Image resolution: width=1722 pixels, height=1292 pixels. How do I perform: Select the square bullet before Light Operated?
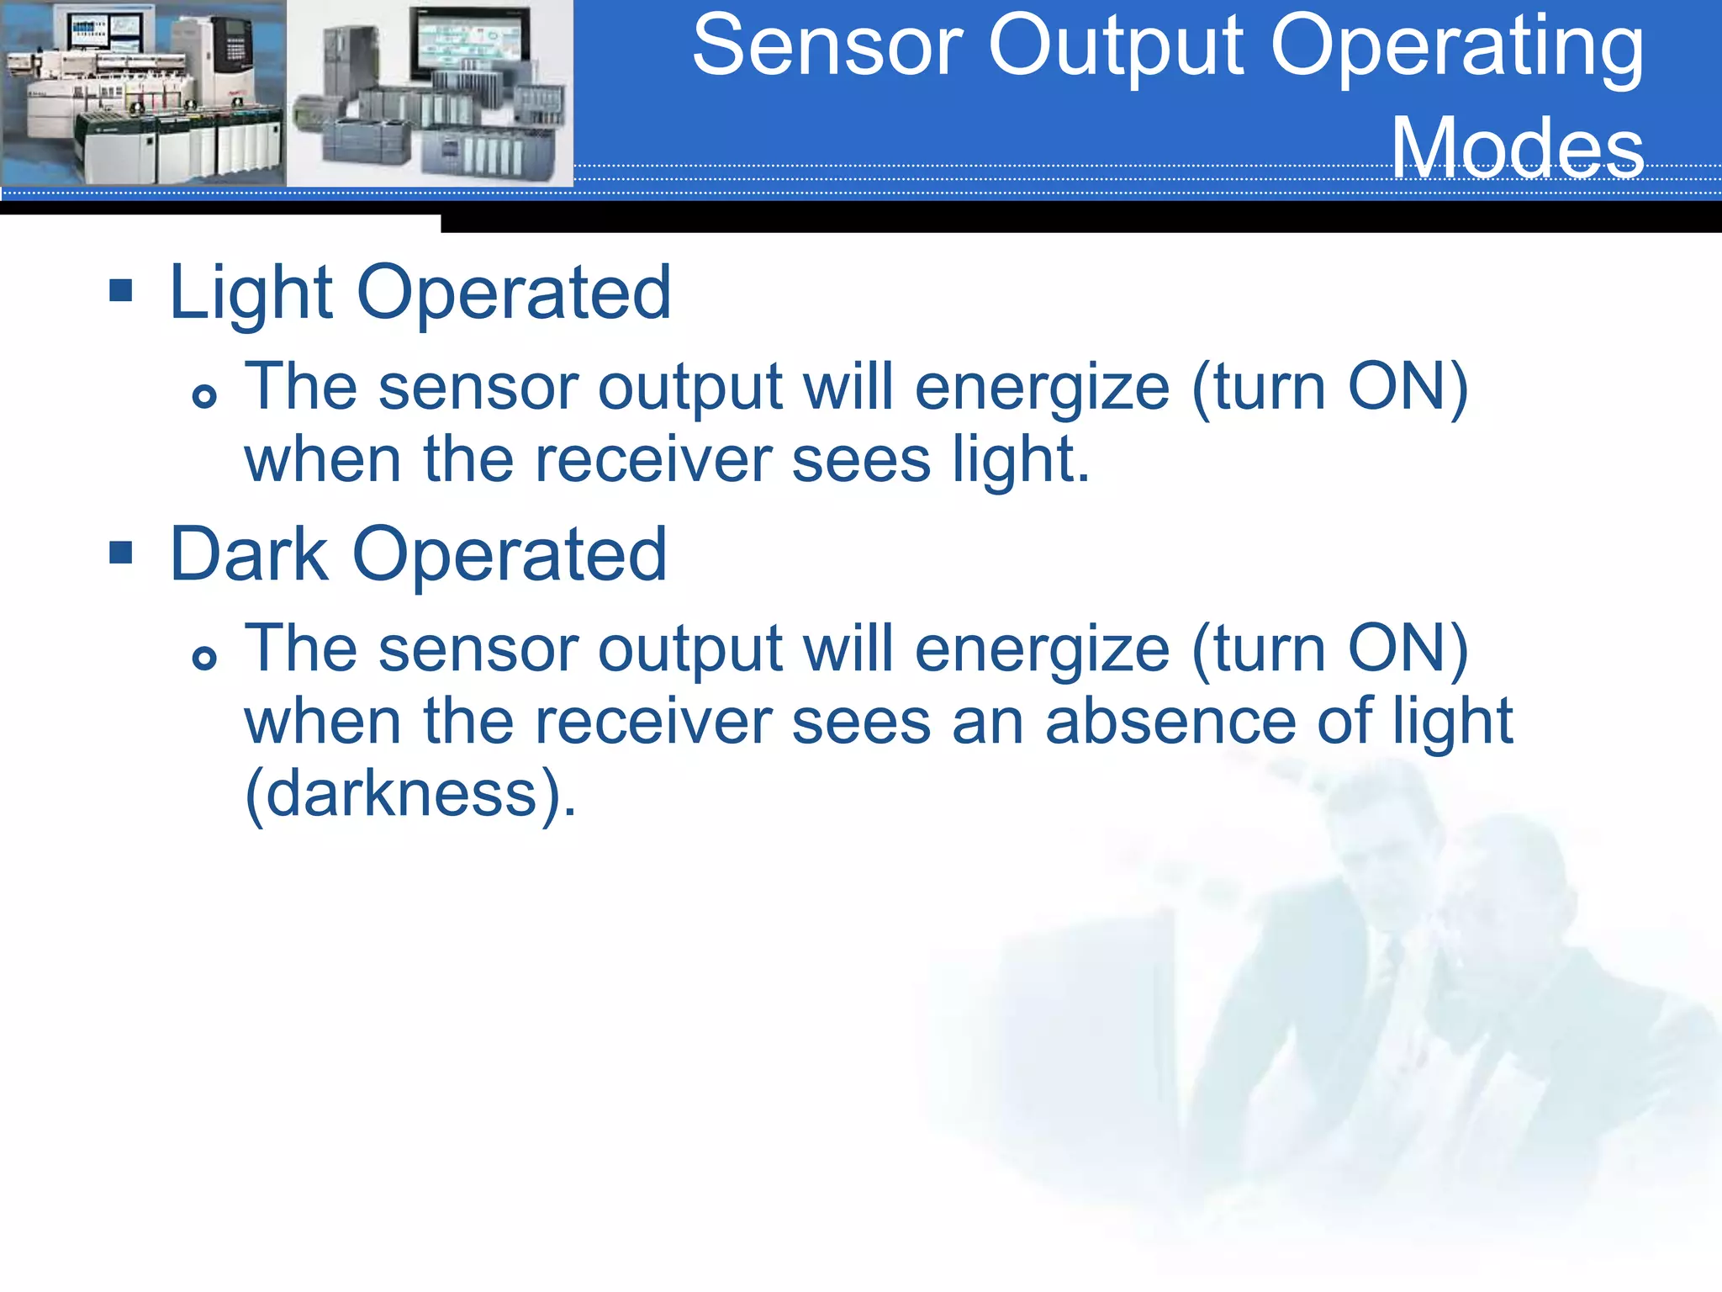pos(121,291)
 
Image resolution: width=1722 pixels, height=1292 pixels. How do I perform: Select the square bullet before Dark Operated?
pos(121,553)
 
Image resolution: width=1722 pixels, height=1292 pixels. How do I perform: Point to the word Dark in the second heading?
pos(249,555)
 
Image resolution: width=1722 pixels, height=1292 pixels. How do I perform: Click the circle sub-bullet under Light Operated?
pos(204,395)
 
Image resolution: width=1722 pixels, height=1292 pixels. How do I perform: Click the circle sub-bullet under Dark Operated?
pos(204,657)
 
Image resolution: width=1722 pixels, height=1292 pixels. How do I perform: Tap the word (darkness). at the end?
pos(410,794)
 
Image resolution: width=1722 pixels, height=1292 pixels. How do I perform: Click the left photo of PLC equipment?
pos(143,93)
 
